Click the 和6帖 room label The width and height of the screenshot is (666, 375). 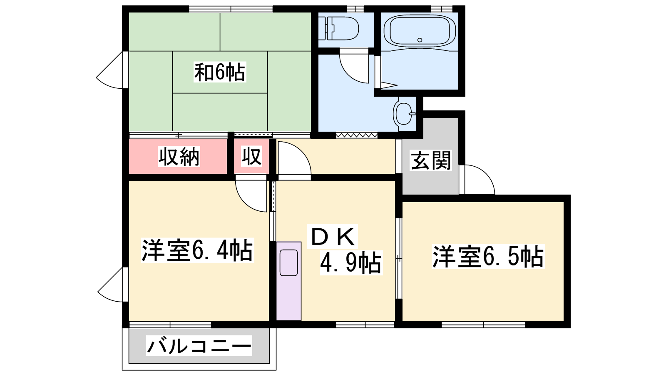coord(220,72)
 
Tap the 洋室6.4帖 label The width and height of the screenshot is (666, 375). coord(197,250)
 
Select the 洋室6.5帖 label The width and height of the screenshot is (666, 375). coord(488,257)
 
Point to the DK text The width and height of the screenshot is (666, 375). coord(333,236)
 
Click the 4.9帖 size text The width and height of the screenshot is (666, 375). coord(351,262)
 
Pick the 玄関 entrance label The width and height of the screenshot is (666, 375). coord(431,160)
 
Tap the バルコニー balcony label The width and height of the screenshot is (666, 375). coord(199,345)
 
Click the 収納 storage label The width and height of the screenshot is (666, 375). coord(179,156)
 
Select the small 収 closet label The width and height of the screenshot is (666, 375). coord(251,156)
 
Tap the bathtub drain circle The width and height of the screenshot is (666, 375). coord(420,40)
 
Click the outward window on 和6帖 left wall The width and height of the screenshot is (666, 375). coord(109,70)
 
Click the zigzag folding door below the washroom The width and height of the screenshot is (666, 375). coord(356,135)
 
